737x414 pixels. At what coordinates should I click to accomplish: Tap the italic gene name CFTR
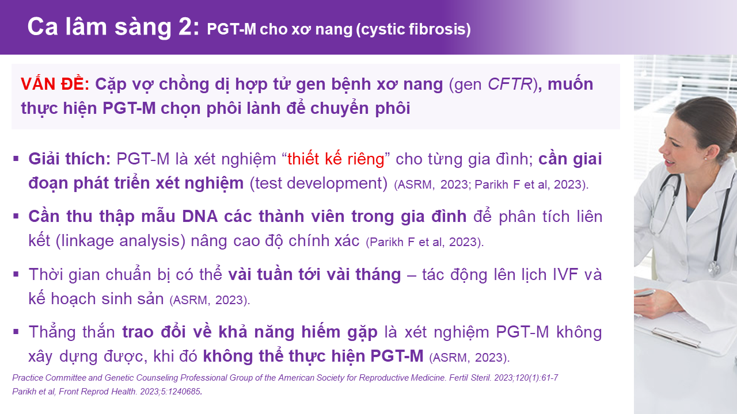pos(510,84)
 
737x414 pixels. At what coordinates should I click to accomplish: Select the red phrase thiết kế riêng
pos(336,159)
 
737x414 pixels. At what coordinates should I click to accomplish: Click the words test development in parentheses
pos(319,183)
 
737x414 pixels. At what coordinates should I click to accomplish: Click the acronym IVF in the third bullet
pos(565,275)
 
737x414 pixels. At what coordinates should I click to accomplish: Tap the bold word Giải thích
pos(70,159)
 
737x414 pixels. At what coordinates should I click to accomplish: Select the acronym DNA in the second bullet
pos(200,217)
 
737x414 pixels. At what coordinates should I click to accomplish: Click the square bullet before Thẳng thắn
pos(16,332)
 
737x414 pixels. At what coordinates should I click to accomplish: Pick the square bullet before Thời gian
pos(16,274)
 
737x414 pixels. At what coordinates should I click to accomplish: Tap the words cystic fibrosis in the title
pos(413,29)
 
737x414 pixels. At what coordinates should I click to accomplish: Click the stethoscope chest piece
pos(715,268)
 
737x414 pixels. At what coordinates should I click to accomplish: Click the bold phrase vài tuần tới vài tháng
pos(314,275)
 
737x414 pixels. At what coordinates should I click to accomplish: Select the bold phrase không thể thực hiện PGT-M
pos(313,356)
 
